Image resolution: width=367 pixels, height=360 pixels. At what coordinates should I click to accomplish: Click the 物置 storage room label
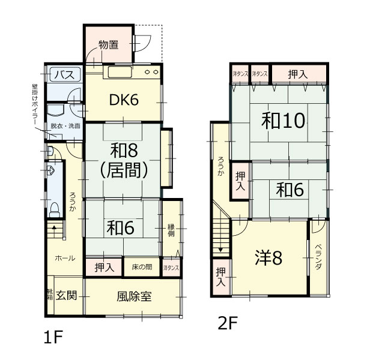point(108,44)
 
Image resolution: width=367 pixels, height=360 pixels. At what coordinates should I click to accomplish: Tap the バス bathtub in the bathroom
point(65,74)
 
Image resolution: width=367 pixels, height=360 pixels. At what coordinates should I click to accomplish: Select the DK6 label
point(124,100)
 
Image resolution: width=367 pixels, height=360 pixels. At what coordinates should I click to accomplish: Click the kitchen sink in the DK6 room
point(120,72)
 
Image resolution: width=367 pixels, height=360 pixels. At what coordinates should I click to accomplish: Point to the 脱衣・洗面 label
point(65,126)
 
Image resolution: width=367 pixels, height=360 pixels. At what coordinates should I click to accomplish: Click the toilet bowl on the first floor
point(55,210)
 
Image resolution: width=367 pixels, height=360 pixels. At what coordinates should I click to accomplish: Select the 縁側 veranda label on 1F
point(171,230)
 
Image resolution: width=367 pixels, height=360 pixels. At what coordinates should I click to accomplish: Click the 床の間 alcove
point(142,267)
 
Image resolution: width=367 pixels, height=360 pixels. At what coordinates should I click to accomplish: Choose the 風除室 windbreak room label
point(134,296)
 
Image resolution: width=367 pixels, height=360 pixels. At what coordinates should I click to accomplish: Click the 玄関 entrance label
point(67,295)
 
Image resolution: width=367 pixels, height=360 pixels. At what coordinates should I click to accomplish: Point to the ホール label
point(65,258)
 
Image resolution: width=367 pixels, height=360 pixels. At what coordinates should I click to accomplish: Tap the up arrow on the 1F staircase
point(54,227)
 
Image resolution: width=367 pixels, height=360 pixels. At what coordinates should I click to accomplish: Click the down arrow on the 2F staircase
point(220,250)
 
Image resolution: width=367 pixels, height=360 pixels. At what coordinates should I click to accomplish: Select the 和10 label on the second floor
point(283,121)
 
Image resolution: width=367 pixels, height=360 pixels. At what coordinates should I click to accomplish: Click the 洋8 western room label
point(268,257)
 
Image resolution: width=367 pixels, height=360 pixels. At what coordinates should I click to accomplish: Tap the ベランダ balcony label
point(318,257)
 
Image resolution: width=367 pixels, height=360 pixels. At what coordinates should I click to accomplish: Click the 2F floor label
point(228,323)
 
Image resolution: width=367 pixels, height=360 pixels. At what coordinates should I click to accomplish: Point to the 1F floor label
point(53,337)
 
